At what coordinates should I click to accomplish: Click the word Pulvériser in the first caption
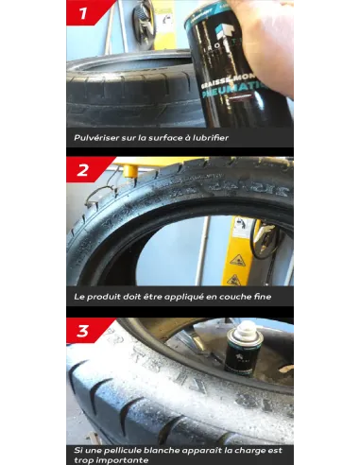pos(98,138)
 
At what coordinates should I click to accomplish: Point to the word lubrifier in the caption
pos(207,138)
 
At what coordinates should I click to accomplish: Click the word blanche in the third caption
pos(178,451)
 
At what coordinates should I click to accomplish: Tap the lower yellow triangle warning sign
pos(232,280)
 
